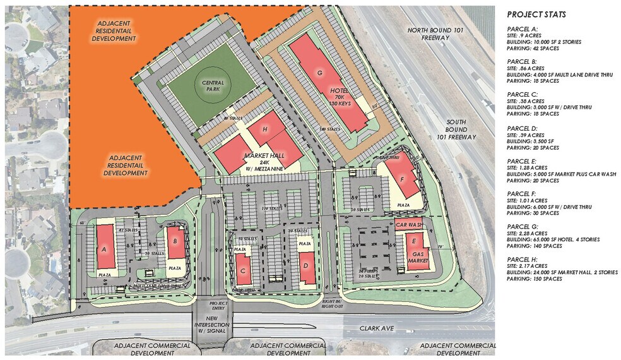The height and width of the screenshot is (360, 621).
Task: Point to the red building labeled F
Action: [403, 178]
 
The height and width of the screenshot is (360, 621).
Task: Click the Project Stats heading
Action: [536, 15]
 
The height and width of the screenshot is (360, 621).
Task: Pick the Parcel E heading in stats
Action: [522, 161]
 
